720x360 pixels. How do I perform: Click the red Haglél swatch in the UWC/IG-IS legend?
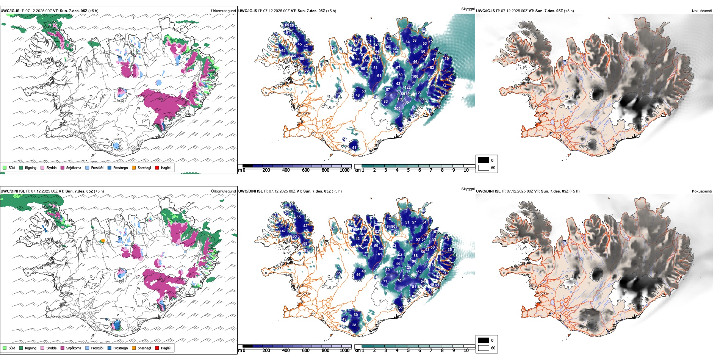[x=157, y=167]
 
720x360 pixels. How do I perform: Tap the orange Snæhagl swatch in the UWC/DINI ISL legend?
[x=134, y=348]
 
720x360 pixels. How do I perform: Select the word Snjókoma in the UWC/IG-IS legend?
[x=74, y=167]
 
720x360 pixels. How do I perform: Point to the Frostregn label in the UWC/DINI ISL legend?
[x=121, y=348]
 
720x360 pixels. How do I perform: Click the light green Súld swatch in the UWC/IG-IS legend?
[x=5, y=167]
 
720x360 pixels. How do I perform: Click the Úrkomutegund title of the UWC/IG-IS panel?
[x=223, y=11]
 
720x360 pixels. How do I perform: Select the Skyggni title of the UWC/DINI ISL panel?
[x=468, y=189]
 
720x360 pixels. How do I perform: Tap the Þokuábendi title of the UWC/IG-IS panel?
[x=702, y=11]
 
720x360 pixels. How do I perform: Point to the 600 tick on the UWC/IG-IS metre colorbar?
[x=305, y=170]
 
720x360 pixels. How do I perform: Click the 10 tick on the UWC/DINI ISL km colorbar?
[x=466, y=351]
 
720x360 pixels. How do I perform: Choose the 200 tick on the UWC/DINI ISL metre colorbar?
[x=266, y=351]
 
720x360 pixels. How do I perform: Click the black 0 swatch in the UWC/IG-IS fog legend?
[x=484, y=160]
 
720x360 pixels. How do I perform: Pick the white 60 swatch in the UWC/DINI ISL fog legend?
[x=484, y=348]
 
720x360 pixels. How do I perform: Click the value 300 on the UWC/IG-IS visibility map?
[x=397, y=109]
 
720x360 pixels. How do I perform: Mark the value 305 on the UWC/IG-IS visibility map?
[x=405, y=102]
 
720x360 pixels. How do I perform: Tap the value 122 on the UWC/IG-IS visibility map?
[x=407, y=88]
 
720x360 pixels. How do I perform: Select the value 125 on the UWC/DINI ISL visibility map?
[x=408, y=268]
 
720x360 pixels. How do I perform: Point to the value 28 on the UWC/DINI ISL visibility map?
[x=354, y=325]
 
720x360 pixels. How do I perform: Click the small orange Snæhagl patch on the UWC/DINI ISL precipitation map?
[x=102, y=241]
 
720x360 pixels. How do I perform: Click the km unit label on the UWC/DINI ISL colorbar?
[x=357, y=351]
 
